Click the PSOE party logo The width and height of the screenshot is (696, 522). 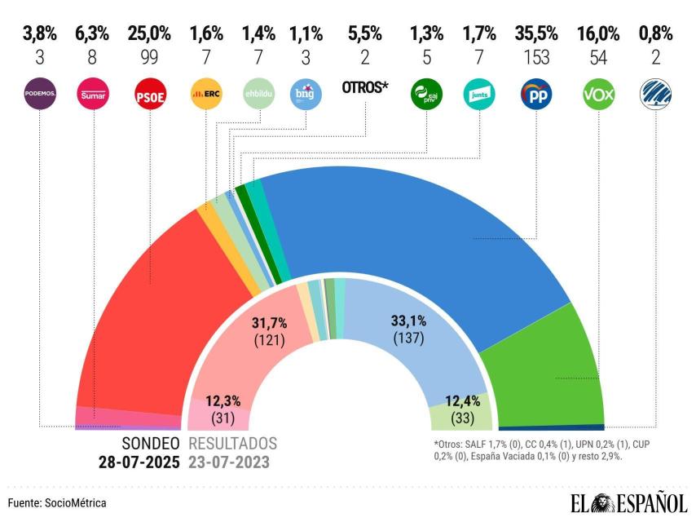click(150, 95)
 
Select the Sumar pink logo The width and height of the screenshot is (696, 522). click(90, 95)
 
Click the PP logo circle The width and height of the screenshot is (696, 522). click(536, 95)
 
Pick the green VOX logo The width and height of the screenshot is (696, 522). click(599, 95)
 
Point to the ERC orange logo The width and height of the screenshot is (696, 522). click(205, 95)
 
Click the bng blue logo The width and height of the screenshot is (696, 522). click(306, 95)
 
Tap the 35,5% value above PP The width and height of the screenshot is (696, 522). click(536, 34)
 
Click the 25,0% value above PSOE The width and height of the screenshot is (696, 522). click(150, 34)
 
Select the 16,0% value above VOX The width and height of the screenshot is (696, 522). click(599, 34)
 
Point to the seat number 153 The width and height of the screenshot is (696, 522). click(536, 56)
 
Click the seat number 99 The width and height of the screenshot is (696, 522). click(150, 56)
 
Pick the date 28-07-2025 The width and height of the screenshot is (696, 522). click(139, 462)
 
